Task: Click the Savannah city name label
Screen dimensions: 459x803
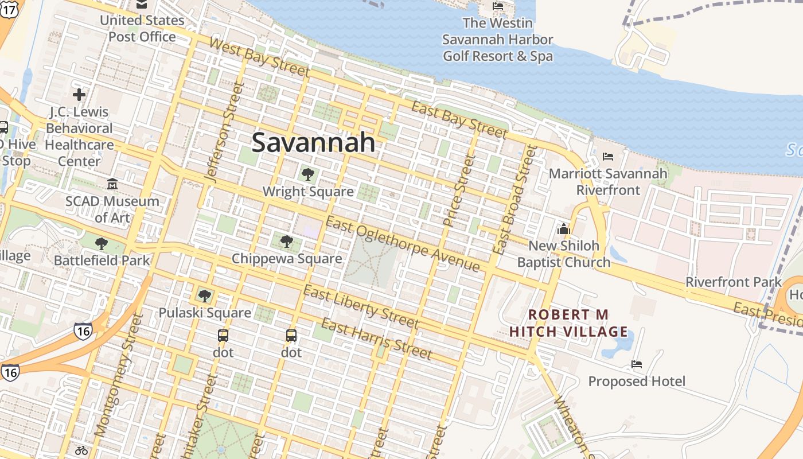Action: point(313,142)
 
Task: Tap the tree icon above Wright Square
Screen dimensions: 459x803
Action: point(307,174)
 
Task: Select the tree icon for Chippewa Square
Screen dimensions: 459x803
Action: point(287,242)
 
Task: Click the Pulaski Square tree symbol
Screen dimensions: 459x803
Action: point(204,296)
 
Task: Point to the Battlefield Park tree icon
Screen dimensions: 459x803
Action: point(102,244)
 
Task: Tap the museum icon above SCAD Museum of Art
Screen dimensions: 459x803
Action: point(112,184)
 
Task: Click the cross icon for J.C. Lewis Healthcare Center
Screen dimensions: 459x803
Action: point(79,95)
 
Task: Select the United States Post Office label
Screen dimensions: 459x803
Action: point(142,29)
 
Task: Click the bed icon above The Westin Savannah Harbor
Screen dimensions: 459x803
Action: point(498,6)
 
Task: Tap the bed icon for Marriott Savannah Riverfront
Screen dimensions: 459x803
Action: point(608,156)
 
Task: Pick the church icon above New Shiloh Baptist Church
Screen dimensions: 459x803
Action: point(563,229)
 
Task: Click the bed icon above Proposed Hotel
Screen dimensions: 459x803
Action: point(637,364)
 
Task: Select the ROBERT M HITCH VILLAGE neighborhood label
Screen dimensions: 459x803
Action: point(568,323)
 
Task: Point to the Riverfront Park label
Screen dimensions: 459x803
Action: point(734,282)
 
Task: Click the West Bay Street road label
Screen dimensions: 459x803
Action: point(259,57)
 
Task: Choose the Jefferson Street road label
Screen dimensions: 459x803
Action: point(224,133)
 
